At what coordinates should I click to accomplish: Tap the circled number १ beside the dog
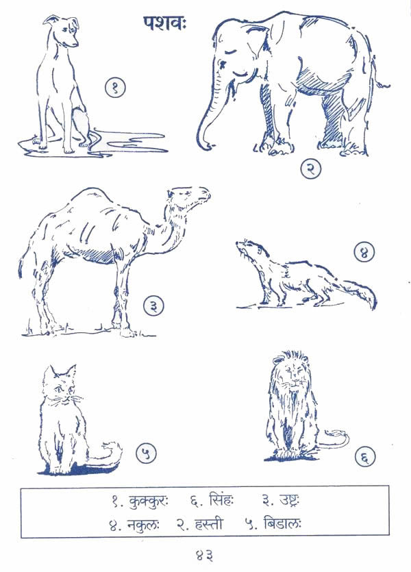coord(115,88)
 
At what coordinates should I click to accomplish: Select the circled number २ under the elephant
coord(311,169)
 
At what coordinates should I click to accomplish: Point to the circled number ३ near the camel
coord(153,306)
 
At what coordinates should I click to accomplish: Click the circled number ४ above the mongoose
coord(364,252)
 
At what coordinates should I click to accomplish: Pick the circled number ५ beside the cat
coord(146,453)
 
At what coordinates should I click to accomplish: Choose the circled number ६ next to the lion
coord(365,456)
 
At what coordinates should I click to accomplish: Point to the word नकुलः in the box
coord(143,525)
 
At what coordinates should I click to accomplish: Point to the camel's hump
coord(91,197)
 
